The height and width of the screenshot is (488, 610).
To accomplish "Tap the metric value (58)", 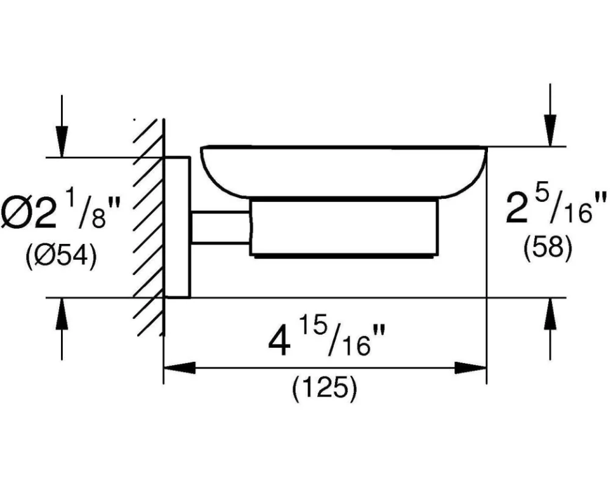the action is (x=548, y=247).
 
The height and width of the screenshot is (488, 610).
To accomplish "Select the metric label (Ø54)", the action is (x=62, y=256).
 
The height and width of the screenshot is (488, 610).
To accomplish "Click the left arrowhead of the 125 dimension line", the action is (x=179, y=367).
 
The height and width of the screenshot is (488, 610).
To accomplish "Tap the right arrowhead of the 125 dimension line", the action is (x=471, y=367).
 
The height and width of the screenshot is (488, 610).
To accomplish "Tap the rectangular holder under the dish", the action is (x=344, y=228).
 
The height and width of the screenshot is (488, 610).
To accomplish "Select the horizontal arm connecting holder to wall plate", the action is (x=220, y=228).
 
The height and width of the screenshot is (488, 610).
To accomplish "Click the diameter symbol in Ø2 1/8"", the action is (x=15, y=213).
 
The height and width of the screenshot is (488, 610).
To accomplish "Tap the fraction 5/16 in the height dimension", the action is (x=574, y=206).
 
